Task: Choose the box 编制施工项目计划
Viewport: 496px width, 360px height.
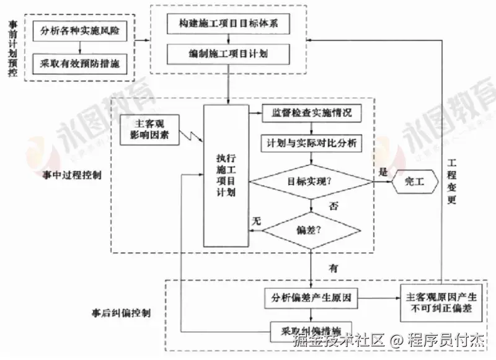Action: coord(229,55)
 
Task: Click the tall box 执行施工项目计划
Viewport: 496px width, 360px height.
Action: coord(226,175)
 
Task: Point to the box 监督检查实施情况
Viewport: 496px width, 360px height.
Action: coord(311,113)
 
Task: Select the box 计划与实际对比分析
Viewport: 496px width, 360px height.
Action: coord(311,143)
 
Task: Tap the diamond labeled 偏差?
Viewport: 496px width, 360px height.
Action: coord(311,230)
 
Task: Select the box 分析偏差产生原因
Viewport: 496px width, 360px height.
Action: coord(311,297)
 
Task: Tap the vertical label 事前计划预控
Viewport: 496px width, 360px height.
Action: coord(12,48)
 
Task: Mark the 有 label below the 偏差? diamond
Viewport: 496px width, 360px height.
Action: coord(334,268)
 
